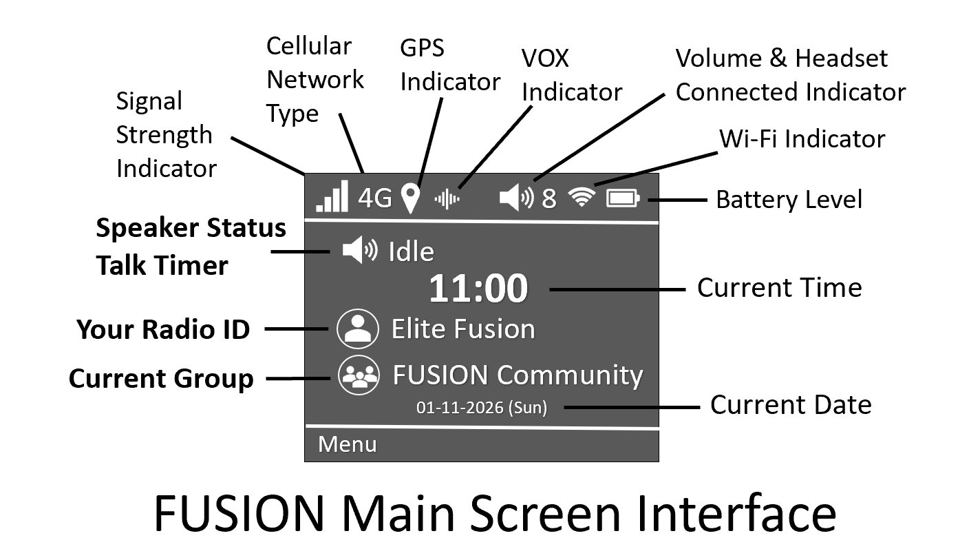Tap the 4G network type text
click(375, 198)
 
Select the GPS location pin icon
click(411, 198)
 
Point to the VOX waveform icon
click(447, 199)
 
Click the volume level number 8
click(548, 199)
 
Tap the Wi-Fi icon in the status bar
click(582, 198)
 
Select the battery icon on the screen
click(623, 199)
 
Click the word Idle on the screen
click(412, 252)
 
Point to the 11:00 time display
click(478, 289)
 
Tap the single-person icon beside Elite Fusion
click(358, 329)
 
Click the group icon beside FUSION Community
click(359, 375)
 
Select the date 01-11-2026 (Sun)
click(482, 408)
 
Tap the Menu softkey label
click(348, 444)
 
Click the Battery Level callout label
click(789, 200)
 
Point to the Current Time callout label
click(779, 288)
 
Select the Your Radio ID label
click(163, 330)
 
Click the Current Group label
click(161, 379)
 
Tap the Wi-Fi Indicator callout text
click(802, 139)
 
